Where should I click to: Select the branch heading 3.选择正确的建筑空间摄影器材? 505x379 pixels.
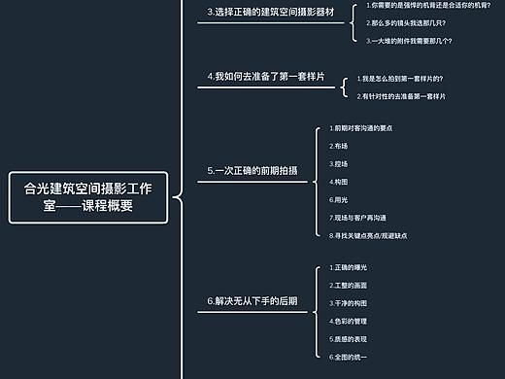click(271, 14)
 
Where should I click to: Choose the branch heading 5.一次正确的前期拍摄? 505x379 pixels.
click(252, 170)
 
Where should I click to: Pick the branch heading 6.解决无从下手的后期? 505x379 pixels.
click(252, 301)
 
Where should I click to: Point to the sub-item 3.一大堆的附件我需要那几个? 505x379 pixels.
click(409, 40)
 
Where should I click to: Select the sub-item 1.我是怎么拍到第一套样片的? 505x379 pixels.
click(401, 78)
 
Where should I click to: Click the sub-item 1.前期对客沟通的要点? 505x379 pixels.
click(361, 128)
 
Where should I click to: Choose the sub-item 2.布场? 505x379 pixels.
click(339, 146)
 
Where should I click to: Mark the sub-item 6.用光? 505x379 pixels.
click(339, 198)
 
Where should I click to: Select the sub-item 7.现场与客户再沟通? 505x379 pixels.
click(358, 217)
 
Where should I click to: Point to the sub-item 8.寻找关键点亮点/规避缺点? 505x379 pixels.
click(368, 234)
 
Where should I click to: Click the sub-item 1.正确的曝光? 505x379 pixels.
click(349, 267)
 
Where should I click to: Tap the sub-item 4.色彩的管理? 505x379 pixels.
click(349, 321)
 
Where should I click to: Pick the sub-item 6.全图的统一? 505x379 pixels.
click(349, 357)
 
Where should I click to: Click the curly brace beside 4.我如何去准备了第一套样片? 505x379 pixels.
click(344, 86)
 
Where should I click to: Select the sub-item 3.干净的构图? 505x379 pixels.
click(349, 303)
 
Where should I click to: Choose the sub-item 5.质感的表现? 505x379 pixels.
click(349, 338)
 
